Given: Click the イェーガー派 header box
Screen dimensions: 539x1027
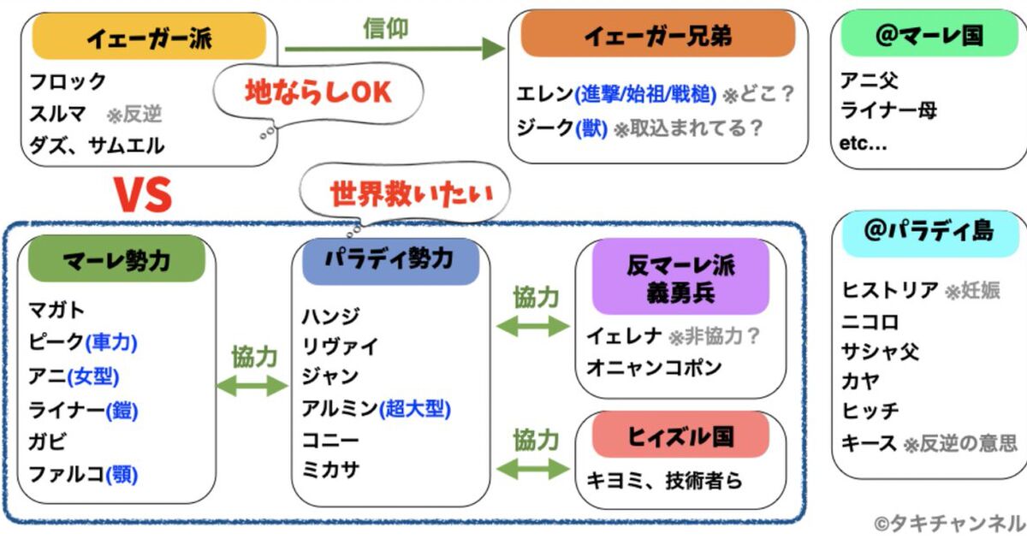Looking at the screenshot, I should (149, 38).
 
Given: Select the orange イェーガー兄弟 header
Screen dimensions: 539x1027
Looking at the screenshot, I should (657, 37).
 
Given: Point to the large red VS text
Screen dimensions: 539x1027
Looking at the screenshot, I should (144, 196).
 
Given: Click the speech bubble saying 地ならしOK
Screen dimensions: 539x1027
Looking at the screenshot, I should (318, 92).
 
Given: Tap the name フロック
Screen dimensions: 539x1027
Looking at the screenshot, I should (68, 82).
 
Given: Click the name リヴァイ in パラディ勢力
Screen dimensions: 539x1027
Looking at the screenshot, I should (340, 346).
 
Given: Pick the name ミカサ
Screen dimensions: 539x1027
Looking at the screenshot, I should (330, 470).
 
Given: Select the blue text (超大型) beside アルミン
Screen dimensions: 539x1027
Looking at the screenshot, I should (415, 409).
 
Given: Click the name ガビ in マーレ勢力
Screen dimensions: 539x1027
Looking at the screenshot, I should (48, 442).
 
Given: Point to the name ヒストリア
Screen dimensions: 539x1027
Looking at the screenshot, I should (890, 290).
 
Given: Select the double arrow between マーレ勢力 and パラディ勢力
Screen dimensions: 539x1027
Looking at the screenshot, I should (253, 387).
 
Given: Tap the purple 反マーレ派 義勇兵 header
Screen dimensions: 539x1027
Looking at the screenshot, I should (680, 276).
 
